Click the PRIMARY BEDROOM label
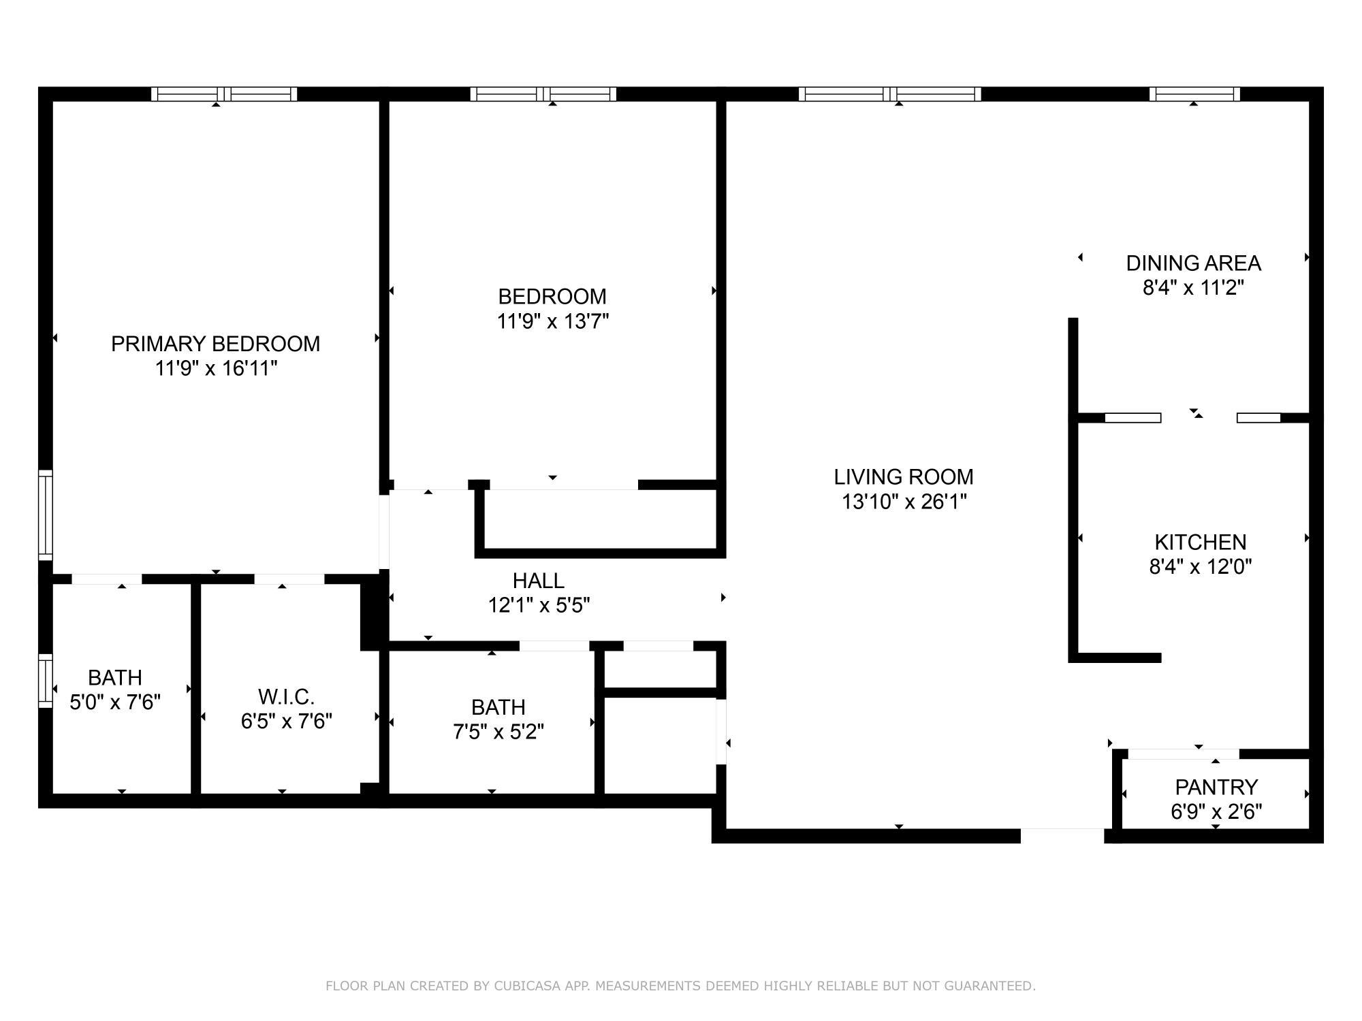[x=215, y=344]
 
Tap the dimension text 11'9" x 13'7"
[x=552, y=321]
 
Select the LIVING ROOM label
[x=904, y=476]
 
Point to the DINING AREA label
[x=1193, y=263]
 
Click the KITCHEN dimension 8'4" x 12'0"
[x=1201, y=566]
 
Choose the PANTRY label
[x=1216, y=787]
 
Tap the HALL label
[x=538, y=581]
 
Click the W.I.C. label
[x=286, y=696]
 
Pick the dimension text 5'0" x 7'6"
[x=115, y=702]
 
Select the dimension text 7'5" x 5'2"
[x=498, y=732]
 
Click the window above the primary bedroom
[x=224, y=94]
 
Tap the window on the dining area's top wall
[x=1194, y=94]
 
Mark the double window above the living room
[x=889, y=94]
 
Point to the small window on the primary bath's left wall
[x=46, y=681]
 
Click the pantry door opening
[x=1183, y=753]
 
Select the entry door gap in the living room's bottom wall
[x=1062, y=836]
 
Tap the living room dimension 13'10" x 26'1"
[x=904, y=502]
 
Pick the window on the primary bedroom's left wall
[x=46, y=515]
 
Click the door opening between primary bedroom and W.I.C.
[x=289, y=579]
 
